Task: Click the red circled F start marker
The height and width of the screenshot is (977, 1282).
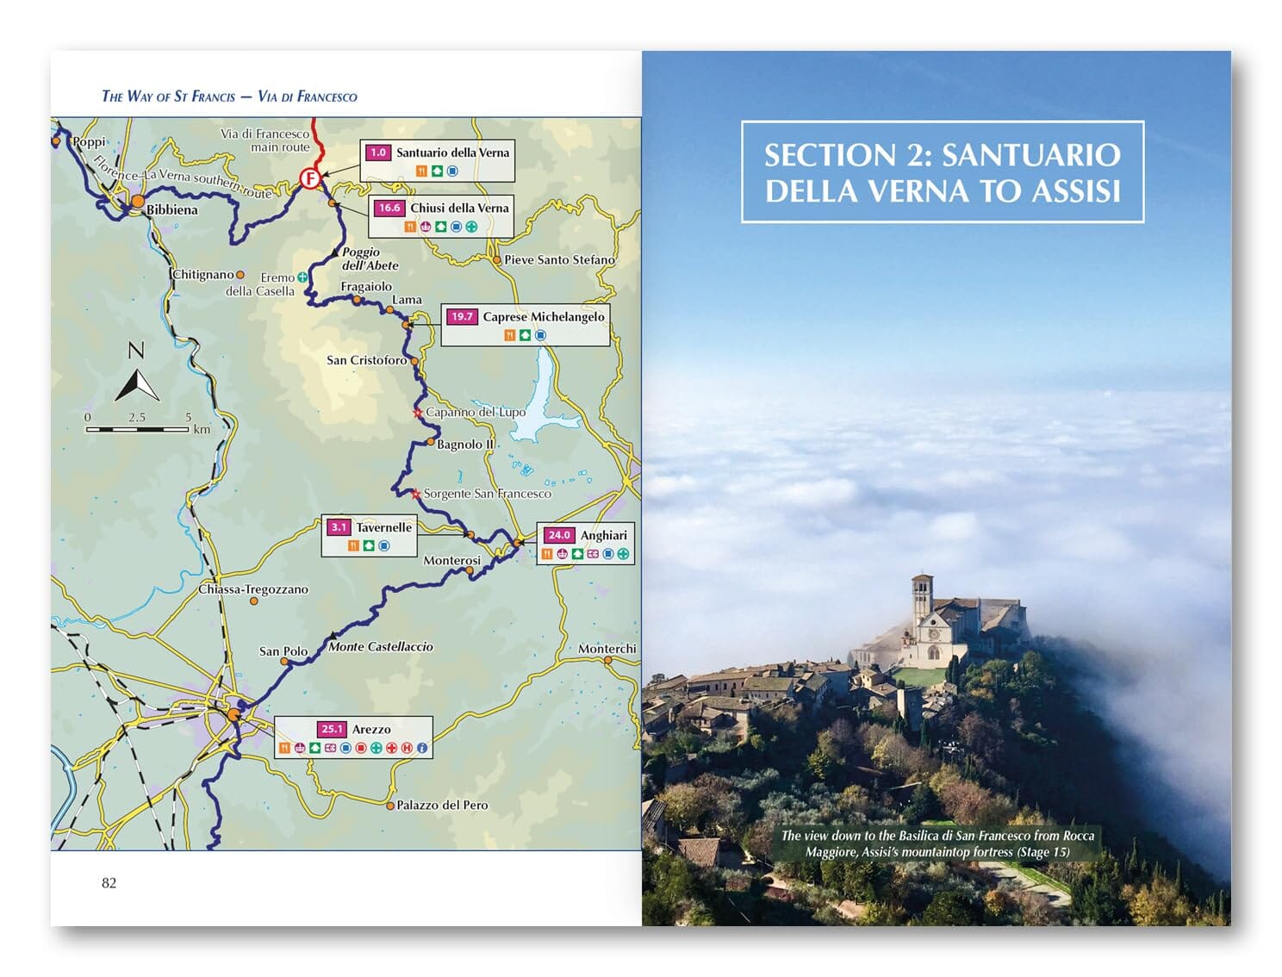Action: pos(309,178)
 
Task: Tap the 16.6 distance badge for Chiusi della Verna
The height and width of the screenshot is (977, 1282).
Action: pos(389,208)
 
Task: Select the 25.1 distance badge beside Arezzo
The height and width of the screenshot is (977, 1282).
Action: pos(332,729)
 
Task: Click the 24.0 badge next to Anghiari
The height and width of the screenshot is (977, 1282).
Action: pos(559,535)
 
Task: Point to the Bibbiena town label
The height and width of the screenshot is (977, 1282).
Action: pos(171,209)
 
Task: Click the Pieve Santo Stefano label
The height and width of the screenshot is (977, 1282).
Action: pos(559,259)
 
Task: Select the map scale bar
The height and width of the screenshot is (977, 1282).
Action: pos(138,428)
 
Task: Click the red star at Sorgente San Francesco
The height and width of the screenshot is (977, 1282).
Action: pos(416,494)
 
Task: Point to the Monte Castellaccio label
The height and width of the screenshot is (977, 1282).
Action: pos(380,646)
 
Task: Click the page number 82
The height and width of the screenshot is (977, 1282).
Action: pos(109,882)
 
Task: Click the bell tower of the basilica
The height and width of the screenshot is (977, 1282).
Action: pos(922,599)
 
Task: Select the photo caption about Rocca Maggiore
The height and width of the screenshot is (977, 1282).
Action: pos(937,843)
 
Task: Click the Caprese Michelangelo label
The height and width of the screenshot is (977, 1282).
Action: pos(543,316)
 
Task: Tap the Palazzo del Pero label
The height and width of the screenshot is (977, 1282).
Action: pos(441,805)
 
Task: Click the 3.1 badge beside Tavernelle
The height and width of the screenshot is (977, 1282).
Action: pos(339,527)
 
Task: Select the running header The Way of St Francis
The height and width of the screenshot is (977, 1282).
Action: pos(229,96)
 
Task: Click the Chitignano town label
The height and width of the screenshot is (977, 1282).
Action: pos(203,274)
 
